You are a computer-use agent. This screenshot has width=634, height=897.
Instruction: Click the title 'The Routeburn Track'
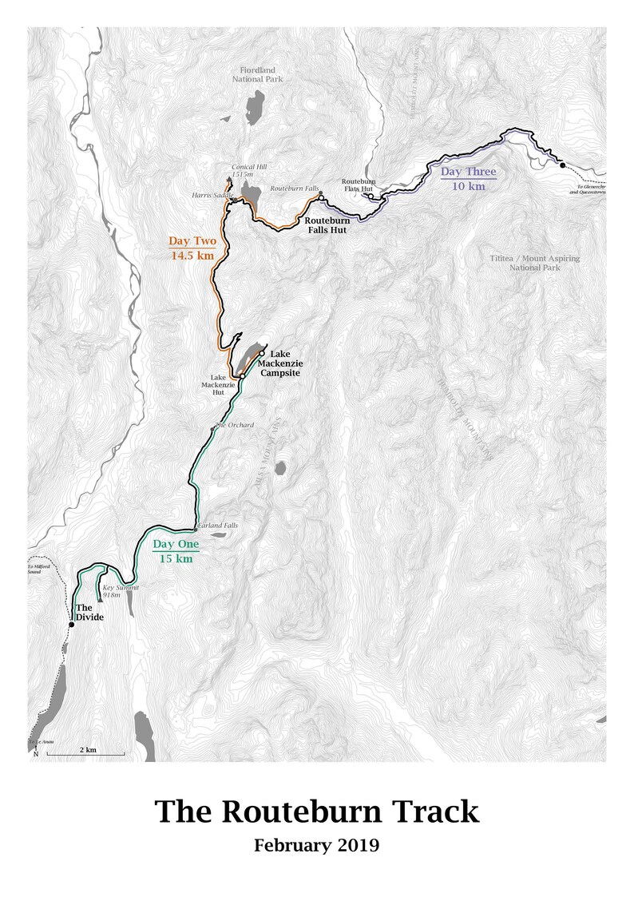(317, 811)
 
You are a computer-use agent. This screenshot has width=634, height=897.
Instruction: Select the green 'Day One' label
(176, 545)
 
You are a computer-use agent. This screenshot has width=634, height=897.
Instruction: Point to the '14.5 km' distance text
(191, 256)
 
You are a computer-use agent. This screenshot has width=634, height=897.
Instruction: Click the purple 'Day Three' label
(469, 172)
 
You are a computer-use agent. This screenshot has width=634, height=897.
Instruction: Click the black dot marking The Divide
(71, 625)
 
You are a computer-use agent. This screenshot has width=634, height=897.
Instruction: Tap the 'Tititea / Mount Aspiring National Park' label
(534, 263)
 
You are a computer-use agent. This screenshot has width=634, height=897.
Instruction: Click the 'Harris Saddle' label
(211, 195)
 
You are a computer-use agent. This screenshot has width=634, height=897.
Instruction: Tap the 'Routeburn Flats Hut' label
(358, 185)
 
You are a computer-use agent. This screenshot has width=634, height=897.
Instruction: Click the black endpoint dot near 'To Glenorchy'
(562, 165)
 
